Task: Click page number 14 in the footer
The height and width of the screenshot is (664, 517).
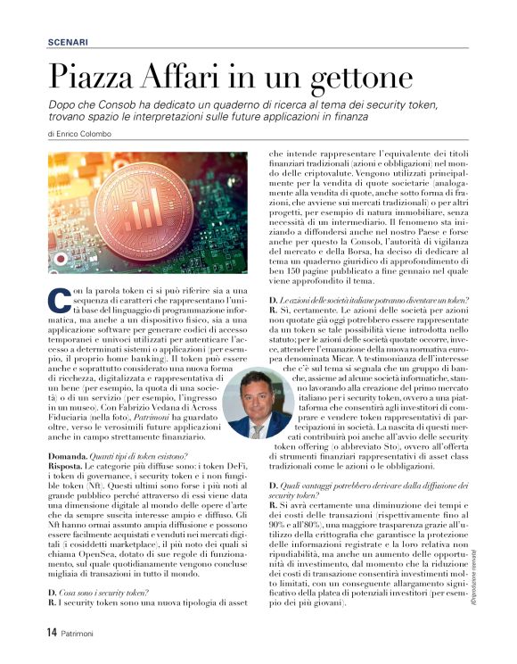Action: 52,632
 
